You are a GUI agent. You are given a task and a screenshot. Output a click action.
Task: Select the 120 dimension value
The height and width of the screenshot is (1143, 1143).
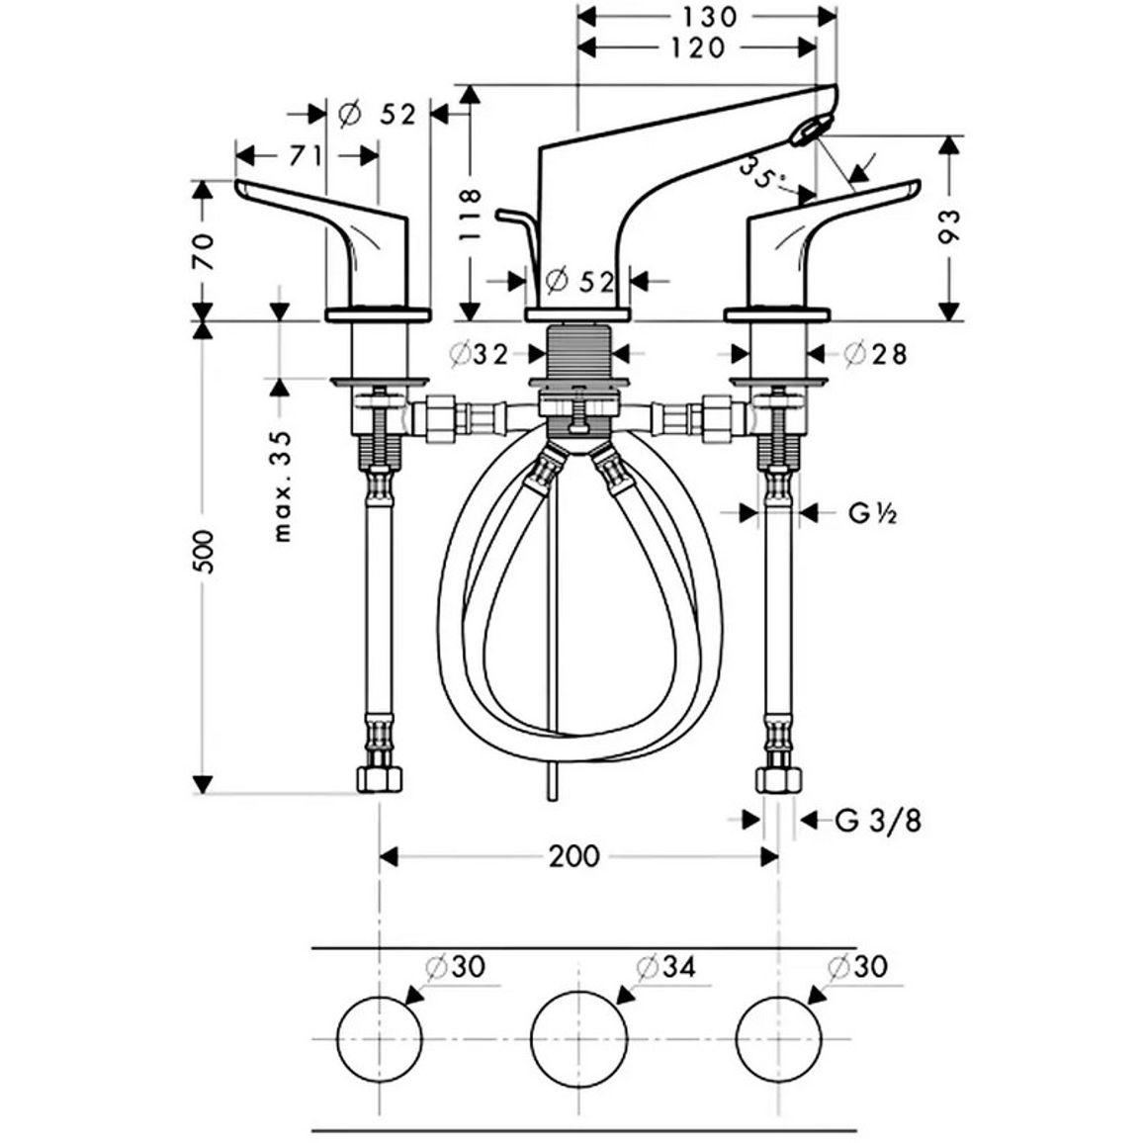[x=697, y=48]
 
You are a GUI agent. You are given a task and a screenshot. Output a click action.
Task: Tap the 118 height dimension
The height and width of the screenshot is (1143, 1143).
[x=472, y=215]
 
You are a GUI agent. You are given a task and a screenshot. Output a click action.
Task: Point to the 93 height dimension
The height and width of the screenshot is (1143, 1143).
[x=950, y=226]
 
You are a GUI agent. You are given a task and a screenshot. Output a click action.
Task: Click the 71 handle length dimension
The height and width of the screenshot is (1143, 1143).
[x=307, y=155]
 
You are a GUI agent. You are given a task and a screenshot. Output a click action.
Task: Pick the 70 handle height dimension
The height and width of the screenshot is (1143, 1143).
[x=204, y=251]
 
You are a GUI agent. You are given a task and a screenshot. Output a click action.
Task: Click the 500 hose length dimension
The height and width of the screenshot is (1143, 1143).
[x=205, y=551]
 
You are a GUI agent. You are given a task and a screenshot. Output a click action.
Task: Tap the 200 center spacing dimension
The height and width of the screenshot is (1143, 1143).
[x=574, y=856]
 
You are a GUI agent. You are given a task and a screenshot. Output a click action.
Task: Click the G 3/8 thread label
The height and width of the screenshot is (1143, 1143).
[x=878, y=821]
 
